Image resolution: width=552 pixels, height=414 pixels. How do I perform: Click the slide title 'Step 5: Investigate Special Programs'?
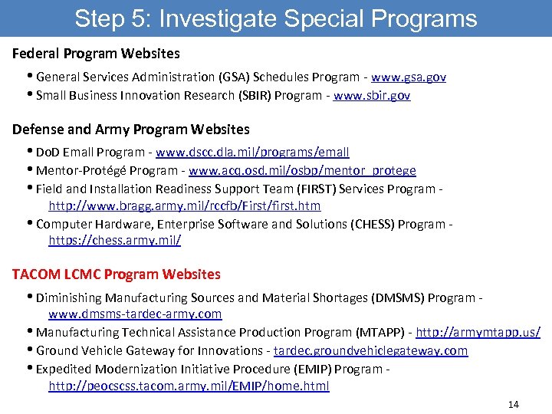(275, 18)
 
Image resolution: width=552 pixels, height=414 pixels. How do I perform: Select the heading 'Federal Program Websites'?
(97, 54)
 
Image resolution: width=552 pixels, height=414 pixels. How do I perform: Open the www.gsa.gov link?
(409, 77)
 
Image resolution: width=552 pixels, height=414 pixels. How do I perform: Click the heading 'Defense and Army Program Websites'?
(131, 129)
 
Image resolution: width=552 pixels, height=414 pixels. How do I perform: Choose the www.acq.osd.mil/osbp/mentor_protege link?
(302, 170)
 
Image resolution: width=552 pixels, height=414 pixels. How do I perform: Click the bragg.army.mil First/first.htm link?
(185, 205)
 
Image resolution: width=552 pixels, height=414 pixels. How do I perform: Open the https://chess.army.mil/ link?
(115, 240)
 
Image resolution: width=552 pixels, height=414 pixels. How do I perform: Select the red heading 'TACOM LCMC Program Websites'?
(117, 274)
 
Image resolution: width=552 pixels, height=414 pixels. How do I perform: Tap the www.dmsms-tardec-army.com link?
(135, 314)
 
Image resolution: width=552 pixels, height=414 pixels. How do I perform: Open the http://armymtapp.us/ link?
(478, 332)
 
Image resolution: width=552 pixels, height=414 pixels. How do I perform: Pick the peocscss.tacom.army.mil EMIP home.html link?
(189, 386)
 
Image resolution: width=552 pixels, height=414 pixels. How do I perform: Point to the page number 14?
(513, 404)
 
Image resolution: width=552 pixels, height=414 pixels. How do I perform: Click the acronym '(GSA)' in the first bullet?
(236, 77)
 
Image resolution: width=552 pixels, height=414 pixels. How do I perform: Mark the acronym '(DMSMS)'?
(398, 297)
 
